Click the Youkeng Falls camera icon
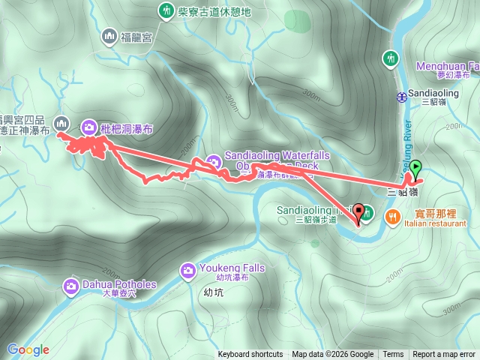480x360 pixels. point(188,269)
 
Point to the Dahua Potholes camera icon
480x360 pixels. point(71,285)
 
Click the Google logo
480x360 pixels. point(28,349)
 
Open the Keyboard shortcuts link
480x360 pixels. point(250,355)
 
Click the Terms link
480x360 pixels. point(393,355)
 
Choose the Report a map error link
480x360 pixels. point(445,355)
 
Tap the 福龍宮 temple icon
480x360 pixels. point(110,36)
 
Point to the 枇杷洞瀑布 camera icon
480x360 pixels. point(89,127)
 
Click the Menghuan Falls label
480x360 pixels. point(447,66)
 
